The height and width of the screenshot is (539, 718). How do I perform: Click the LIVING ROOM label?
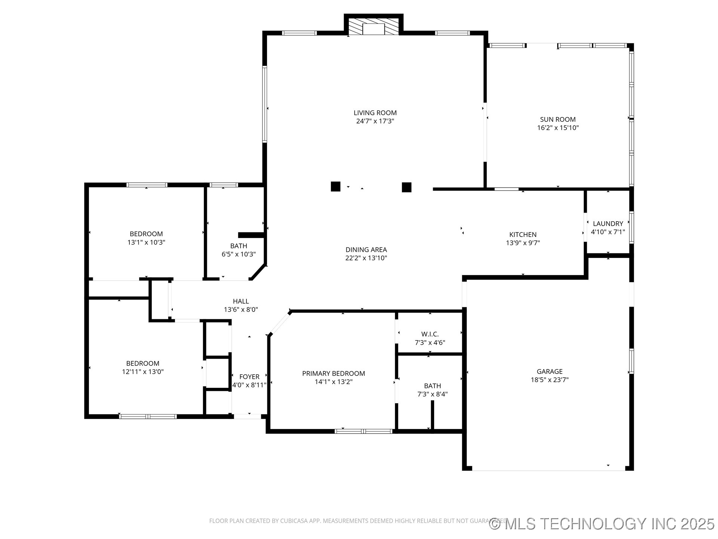click(375, 113)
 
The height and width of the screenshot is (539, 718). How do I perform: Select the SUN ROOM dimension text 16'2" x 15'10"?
click(558, 128)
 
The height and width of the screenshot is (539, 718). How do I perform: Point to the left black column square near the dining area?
click(335, 186)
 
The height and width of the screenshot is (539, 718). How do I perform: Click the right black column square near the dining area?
click(406, 187)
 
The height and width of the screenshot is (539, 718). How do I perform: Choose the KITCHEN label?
click(523, 235)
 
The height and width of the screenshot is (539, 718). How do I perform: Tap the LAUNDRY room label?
click(608, 223)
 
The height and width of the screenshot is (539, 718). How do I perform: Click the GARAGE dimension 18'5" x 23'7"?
click(549, 380)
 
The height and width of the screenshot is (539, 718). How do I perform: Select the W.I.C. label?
click(430, 334)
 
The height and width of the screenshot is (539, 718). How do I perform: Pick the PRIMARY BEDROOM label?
click(333, 373)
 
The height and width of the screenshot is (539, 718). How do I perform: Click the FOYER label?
click(249, 377)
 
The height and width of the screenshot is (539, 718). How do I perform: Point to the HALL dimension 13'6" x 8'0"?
click(241, 310)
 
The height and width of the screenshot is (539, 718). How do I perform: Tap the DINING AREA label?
click(366, 250)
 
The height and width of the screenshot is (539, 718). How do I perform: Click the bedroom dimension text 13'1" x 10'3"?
click(146, 242)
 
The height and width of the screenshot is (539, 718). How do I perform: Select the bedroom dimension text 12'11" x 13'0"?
click(142, 372)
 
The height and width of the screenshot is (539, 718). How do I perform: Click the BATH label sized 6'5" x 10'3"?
click(239, 246)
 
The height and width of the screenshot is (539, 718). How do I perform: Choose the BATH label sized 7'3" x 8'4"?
click(432, 386)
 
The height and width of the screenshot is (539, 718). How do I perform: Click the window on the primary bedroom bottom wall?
click(363, 431)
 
